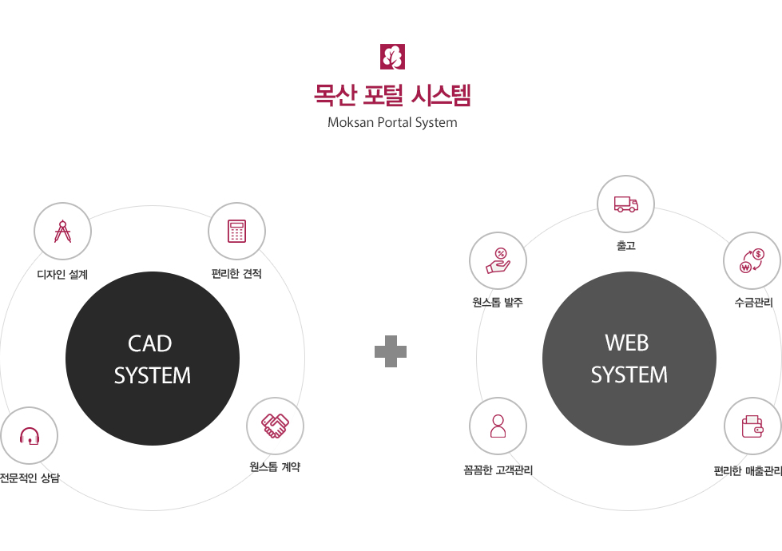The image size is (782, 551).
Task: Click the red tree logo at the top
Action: tap(392, 57)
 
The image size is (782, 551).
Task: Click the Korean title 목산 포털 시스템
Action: tap(392, 95)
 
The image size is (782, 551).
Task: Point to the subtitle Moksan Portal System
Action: tap(392, 123)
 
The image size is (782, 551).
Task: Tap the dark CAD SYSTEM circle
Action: tap(153, 359)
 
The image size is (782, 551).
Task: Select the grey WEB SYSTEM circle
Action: tap(629, 359)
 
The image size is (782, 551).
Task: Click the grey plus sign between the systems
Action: tap(391, 351)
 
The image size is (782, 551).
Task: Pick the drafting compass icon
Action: tap(63, 232)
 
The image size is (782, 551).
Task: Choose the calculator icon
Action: tap(237, 232)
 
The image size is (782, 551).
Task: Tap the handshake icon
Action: tap(276, 426)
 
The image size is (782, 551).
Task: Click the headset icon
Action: tap(30, 436)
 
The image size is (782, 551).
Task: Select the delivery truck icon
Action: tap(626, 204)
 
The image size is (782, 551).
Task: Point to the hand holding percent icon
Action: tap(498, 261)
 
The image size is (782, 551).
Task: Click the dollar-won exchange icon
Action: tap(752, 261)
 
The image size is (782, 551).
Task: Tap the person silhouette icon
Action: tap(498, 426)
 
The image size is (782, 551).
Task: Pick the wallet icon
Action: tap(752, 426)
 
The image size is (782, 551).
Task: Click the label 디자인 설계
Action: tap(63, 274)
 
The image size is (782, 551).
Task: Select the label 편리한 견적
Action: tap(237, 274)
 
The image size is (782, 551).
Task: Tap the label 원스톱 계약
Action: tap(276, 466)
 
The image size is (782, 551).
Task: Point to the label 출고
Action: tap(626, 245)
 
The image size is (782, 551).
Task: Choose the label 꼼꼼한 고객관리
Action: tap(498, 470)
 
